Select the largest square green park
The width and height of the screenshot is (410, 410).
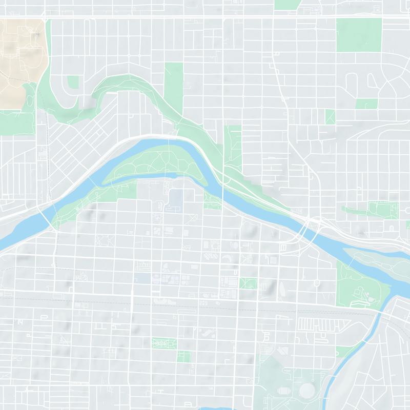coord(359,35)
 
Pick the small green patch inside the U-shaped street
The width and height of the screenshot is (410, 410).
coord(73,82)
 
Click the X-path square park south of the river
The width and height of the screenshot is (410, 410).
coord(248,283)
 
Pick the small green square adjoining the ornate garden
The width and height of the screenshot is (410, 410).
coord(184,356)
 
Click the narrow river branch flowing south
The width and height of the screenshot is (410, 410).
coord(354,354)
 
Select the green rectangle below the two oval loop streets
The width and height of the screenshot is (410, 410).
coord(366,104)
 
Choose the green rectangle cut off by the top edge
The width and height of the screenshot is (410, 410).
coord(287,5)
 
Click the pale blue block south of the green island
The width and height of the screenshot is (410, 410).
coord(176,198)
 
